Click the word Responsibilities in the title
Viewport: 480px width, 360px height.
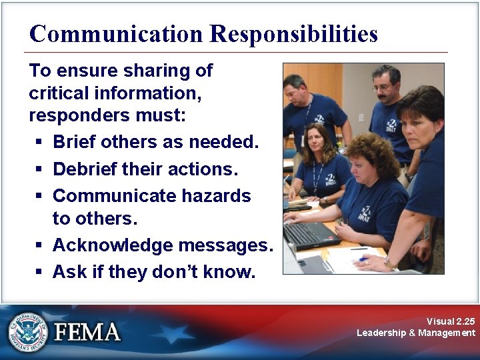[294, 34]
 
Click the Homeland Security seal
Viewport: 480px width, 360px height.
[29, 331]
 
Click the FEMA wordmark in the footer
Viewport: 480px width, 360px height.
[87, 331]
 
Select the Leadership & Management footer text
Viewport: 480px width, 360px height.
[416, 333]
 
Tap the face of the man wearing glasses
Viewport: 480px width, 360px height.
[384, 85]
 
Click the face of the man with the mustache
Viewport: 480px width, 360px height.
[295, 91]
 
